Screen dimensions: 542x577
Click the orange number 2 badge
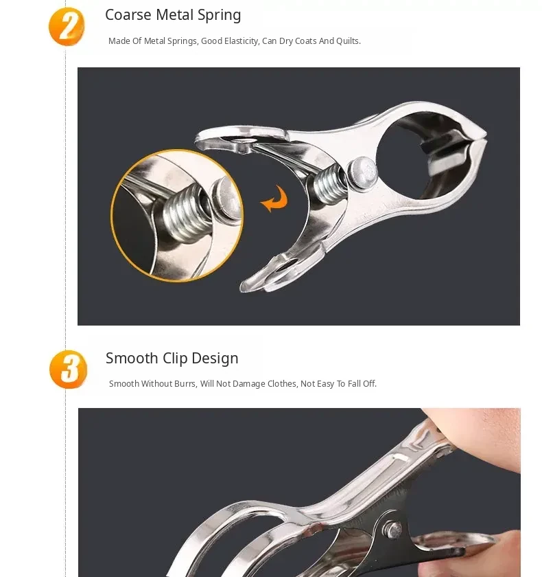pyautogui.click(x=67, y=27)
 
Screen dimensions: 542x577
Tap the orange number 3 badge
pyautogui.click(x=69, y=370)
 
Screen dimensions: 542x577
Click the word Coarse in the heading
pyautogui.click(x=128, y=15)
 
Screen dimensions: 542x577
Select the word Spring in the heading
pyautogui.click(x=220, y=16)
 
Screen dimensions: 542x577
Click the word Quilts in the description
pyautogui.click(x=349, y=41)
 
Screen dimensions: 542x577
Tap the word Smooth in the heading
pyautogui.click(x=132, y=358)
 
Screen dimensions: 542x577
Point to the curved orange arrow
pyautogui.click(x=274, y=199)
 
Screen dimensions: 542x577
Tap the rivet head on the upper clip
pyautogui.click(x=362, y=170)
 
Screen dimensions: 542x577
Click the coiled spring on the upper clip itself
pyautogui.click(x=329, y=183)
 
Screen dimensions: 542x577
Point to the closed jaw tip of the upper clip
pyautogui.click(x=484, y=136)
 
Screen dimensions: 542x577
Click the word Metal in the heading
pyautogui.click(x=175, y=15)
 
